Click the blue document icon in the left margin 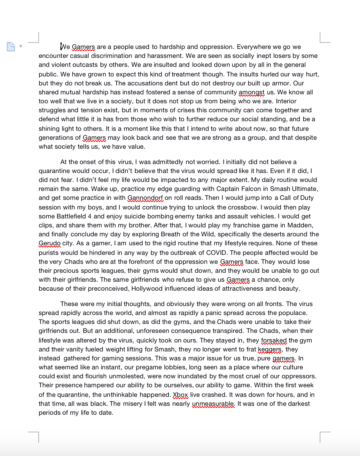[x=11, y=47]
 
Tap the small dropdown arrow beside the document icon [x=21, y=46]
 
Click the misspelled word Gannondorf [x=145, y=198]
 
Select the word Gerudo [x=50, y=243]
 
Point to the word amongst [x=251, y=92]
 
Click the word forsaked [x=274, y=341]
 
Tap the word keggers [x=270, y=350]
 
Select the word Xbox [x=180, y=395]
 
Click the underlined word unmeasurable [x=213, y=404]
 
